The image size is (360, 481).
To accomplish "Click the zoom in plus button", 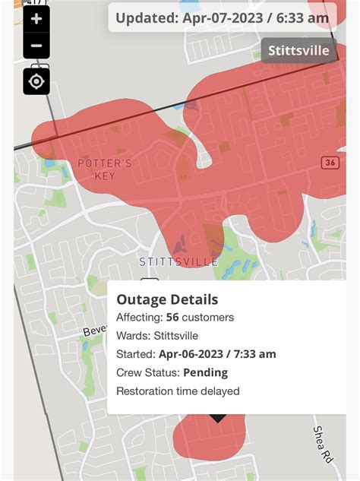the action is (36, 19).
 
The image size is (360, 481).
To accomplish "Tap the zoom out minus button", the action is (36, 46).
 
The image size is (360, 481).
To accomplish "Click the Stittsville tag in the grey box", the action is (299, 51).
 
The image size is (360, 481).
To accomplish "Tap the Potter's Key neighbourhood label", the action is (105, 169).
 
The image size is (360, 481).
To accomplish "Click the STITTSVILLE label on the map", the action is (178, 261).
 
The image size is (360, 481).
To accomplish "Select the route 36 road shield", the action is (330, 163).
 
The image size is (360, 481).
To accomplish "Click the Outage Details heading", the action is (167, 299).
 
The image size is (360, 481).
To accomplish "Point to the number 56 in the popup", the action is (173, 318).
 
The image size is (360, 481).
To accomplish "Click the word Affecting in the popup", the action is (139, 318).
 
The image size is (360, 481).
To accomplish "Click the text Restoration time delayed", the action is (178, 391).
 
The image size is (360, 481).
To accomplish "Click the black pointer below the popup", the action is (218, 418).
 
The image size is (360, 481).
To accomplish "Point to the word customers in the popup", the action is (210, 318).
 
